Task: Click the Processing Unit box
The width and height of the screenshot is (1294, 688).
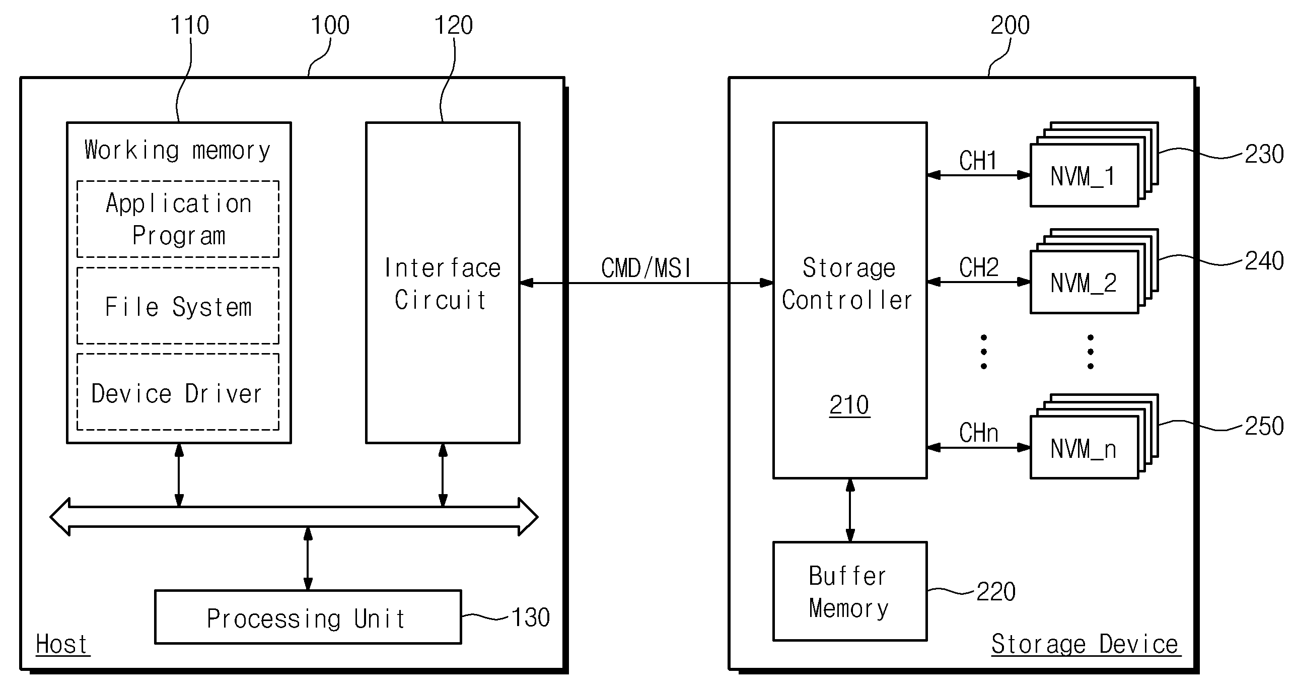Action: [308, 617]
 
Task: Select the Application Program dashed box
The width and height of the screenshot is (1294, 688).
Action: [178, 219]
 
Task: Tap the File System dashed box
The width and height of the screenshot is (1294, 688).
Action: [178, 306]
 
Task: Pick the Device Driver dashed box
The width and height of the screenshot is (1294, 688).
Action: [178, 392]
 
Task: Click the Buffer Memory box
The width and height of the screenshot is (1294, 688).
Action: [850, 591]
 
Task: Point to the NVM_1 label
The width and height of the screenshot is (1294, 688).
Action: [1083, 176]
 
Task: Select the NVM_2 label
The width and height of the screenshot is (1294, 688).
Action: [1083, 283]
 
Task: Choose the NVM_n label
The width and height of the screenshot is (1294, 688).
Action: [1083, 449]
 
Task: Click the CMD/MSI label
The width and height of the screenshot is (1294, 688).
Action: [646, 268]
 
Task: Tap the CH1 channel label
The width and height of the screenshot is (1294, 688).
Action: [978, 161]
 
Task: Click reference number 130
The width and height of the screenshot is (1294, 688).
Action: [531, 617]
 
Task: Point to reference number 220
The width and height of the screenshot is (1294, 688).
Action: [996, 592]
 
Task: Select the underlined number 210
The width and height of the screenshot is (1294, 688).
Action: [849, 405]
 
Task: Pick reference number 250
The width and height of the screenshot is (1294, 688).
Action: [1264, 427]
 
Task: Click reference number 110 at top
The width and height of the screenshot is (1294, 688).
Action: [190, 25]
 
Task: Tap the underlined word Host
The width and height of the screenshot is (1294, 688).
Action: [62, 645]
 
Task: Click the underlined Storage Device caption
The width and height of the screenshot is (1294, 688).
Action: [1085, 645]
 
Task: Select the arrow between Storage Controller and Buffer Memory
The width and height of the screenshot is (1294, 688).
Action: [850, 510]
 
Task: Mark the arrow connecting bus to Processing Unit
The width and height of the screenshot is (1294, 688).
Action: [308, 559]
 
